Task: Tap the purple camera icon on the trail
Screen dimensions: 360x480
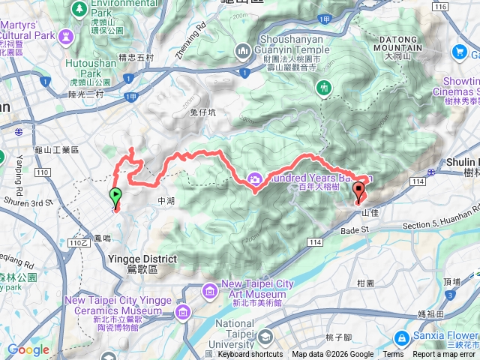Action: tap(254, 178)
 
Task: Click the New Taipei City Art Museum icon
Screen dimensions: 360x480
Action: tap(209, 288)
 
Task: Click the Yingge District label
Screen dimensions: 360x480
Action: tap(142, 263)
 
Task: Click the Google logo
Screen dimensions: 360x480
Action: tap(28, 350)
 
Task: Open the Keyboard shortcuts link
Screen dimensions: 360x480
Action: tap(250, 355)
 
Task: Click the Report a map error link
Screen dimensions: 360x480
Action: tap(445, 355)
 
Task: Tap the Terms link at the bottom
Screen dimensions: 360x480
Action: tap(393, 355)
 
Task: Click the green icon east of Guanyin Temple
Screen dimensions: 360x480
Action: tap(324, 86)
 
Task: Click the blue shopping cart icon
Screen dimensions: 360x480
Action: tap(458, 52)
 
